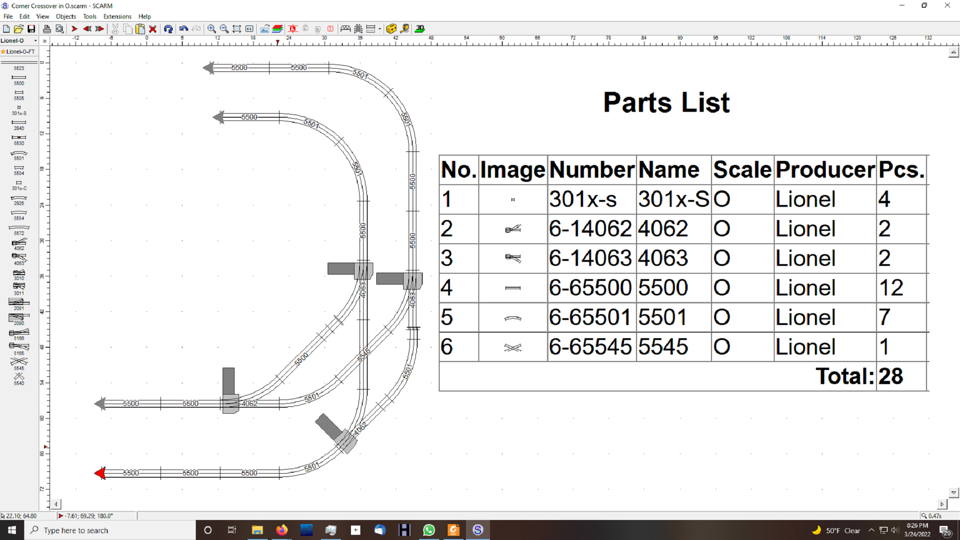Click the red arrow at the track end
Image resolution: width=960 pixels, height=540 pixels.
100,473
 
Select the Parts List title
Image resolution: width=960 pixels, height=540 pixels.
666,103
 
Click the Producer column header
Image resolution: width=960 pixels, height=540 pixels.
825,170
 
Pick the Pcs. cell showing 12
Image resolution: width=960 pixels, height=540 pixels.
891,288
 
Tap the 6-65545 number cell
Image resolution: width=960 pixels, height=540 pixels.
590,347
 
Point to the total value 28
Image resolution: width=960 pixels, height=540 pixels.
890,376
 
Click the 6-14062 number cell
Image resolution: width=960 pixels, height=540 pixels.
590,229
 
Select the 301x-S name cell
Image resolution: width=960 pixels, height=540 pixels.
673,199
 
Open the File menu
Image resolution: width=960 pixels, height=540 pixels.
8,16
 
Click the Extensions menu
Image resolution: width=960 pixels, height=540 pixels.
117,16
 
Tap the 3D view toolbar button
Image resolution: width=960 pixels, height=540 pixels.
420,29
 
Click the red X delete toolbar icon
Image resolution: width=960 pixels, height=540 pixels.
153,29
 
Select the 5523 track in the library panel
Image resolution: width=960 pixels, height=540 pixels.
19,65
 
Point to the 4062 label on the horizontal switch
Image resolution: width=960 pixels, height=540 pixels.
249,403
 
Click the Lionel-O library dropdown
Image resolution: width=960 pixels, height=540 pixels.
19,40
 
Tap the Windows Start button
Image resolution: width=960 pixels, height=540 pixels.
12,530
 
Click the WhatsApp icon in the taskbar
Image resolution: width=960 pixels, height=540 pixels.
429,530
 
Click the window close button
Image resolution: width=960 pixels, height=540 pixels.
947,5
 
